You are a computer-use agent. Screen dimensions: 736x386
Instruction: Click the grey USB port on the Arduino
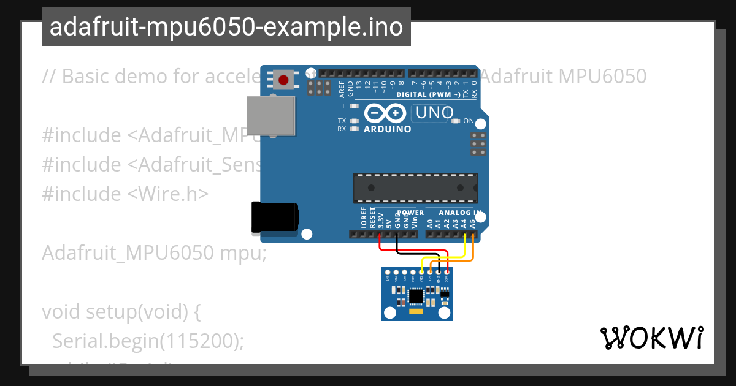point(270,116)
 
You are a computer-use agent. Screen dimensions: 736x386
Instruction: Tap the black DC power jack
point(275,217)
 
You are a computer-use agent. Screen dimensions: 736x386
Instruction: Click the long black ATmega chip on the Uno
point(415,187)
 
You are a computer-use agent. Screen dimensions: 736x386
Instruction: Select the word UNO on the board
point(435,113)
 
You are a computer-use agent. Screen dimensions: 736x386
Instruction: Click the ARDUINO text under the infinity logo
point(388,129)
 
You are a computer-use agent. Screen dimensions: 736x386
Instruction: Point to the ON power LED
point(455,121)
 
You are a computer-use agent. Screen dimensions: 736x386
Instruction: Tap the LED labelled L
point(354,106)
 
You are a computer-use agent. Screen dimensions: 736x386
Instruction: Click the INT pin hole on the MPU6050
point(388,272)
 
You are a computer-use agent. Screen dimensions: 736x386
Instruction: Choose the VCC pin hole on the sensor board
point(447,272)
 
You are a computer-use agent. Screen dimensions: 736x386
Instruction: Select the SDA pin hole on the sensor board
point(421,272)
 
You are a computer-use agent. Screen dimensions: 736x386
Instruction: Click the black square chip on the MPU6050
point(416,296)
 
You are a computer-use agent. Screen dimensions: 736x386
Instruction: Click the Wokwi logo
point(651,338)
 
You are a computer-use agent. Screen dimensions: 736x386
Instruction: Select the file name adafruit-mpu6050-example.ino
point(226,27)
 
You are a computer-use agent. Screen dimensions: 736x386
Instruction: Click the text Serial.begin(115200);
point(148,341)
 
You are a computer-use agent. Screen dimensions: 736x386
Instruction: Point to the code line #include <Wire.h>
point(126,194)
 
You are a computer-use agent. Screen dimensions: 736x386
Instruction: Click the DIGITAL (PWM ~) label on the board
point(428,95)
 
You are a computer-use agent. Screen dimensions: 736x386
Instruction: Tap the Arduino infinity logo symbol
point(385,113)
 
